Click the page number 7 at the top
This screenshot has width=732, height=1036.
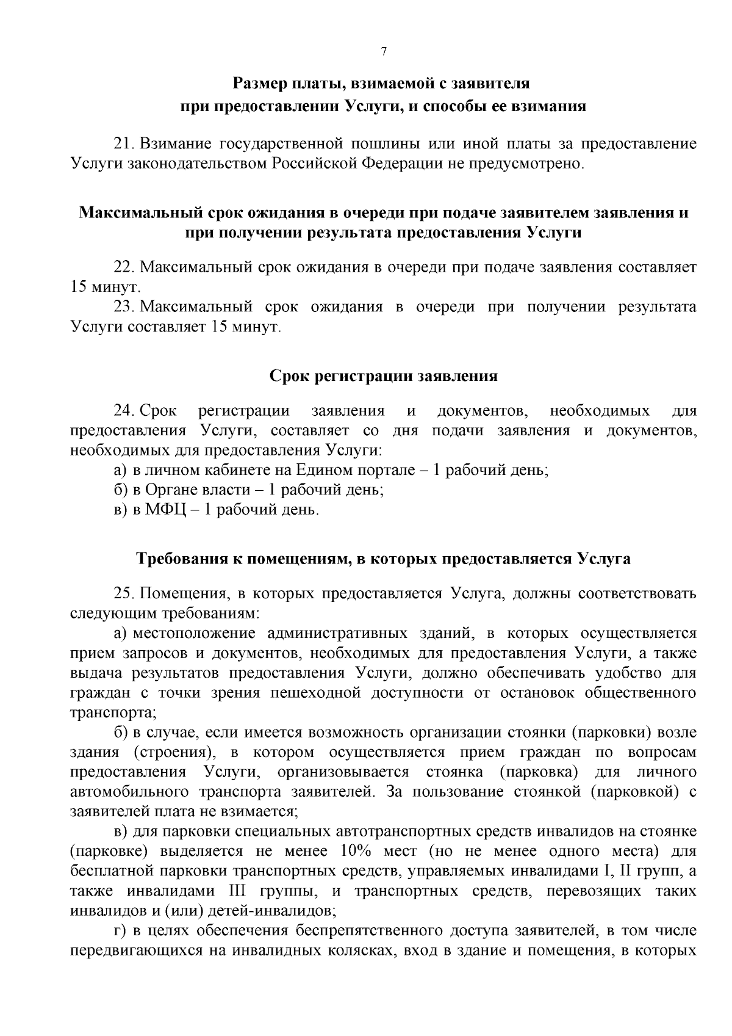384,52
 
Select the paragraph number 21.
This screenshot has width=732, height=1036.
124,144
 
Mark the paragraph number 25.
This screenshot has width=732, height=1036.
124,593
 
